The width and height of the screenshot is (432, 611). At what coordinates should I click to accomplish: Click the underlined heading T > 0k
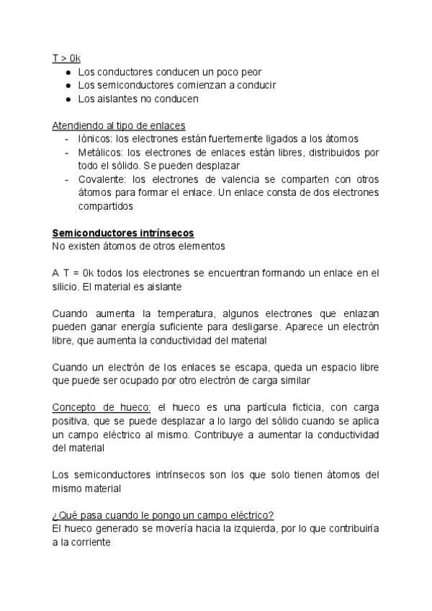[x=66, y=58]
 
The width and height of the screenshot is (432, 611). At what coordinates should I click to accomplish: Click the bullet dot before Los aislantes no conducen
[x=67, y=99]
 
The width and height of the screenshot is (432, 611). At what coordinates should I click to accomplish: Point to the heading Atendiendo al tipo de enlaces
[x=119, y=125]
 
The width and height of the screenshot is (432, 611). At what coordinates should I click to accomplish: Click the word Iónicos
[x=94, y=138]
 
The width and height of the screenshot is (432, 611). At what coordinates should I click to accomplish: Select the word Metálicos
[x=99, y=152]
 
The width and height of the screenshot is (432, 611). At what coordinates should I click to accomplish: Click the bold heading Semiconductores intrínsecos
[x=123, y=233]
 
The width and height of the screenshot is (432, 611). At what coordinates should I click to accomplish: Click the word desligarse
[x=259, y=326]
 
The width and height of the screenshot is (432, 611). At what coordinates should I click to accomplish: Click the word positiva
[x=71, y=421]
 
